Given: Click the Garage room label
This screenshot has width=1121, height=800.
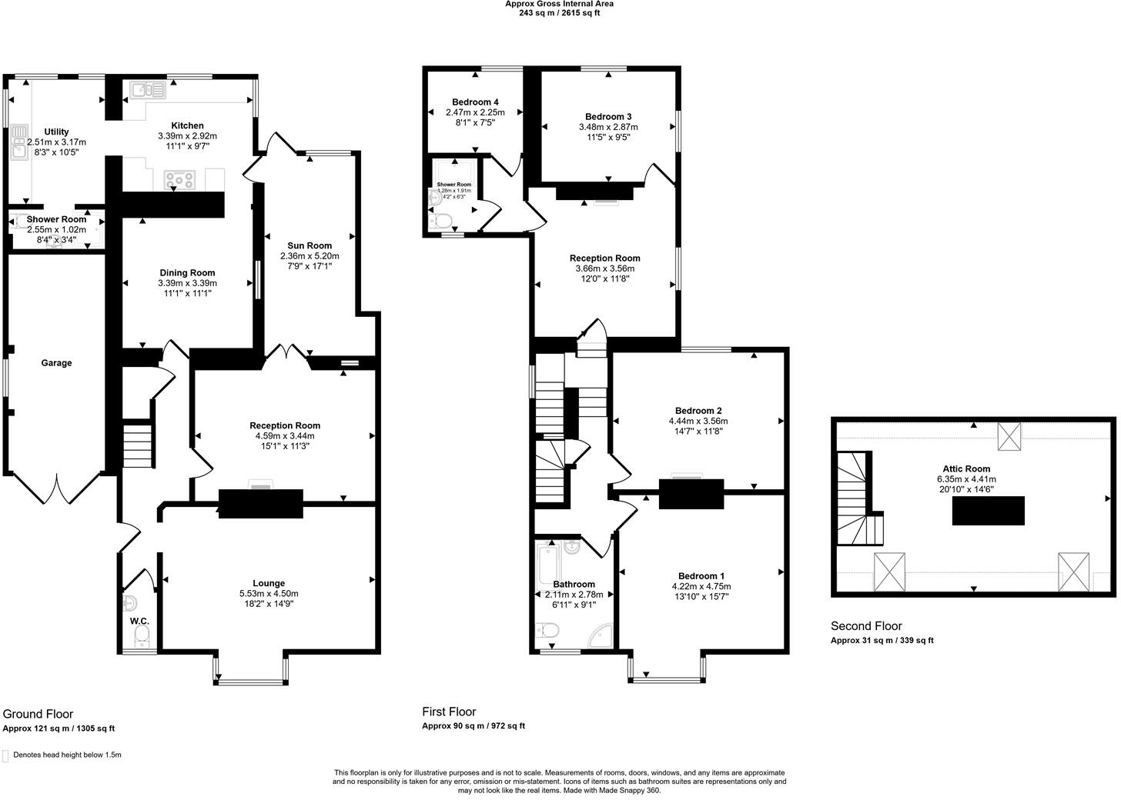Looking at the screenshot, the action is point(56,363).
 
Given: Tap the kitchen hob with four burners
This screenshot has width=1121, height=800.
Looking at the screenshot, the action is point(179,181).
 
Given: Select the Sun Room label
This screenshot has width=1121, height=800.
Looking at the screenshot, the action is point(310,245).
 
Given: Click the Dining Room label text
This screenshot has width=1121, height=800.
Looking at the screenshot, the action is point(187,272).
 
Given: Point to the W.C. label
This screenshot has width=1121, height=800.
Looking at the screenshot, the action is point(139,621).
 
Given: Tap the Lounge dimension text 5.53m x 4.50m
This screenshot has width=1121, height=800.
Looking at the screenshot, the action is point(269,594).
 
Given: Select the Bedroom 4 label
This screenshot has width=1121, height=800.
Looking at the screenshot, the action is point(475,102).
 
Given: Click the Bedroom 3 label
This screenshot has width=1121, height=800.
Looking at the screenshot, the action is point(608,116).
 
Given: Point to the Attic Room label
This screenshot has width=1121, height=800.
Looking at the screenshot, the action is point(966,468).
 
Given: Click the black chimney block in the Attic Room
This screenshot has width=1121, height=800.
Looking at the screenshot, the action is point(988,511).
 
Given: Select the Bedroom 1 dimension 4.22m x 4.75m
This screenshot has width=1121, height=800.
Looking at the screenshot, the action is point(701,586).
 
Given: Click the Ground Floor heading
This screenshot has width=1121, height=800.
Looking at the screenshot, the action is point(38,714).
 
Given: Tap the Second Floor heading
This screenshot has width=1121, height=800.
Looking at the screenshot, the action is point(866,625).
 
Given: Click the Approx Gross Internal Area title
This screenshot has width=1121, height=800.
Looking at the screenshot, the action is point(559,4).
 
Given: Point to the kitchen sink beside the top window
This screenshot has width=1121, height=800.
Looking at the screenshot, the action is point(147,90).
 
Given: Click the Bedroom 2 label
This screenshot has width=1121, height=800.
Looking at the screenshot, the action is point(698,411).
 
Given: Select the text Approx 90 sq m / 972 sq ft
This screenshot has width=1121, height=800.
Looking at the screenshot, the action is point(473,725).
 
